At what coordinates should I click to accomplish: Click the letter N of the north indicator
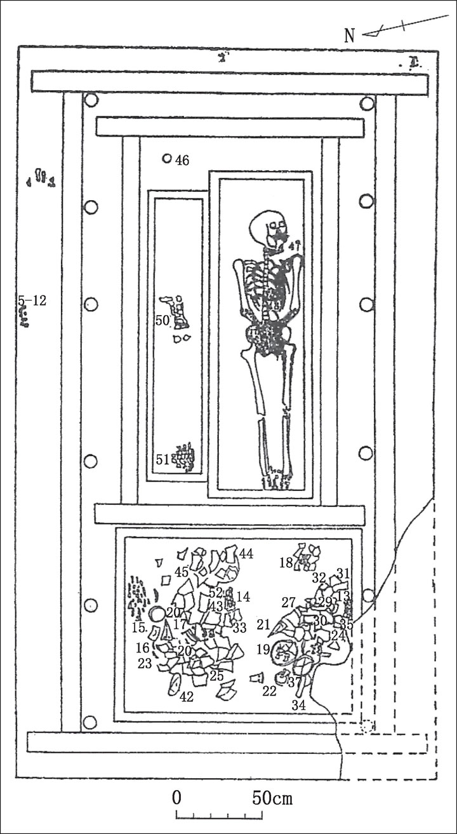(349, 36)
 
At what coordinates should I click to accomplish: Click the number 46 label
(182, 161)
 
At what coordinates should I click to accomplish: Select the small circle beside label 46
(167, 159)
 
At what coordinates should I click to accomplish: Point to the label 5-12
(32, 300)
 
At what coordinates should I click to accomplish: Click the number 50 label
(162, 321)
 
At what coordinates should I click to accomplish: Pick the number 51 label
(163, 459)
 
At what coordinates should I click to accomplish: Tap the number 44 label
(246, 554)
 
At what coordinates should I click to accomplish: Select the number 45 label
(182, 572)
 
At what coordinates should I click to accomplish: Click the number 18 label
(286, 562)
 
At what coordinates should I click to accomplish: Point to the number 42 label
(186, 696)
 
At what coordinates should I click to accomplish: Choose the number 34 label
(298, 704)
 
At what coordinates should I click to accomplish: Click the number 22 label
(270, 691)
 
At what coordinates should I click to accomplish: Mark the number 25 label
(216, 676)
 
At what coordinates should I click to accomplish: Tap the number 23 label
(145, 664)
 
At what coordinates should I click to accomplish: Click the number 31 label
(343, 573)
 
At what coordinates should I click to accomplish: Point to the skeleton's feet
(277, 481)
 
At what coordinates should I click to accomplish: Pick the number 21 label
(263, 625)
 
